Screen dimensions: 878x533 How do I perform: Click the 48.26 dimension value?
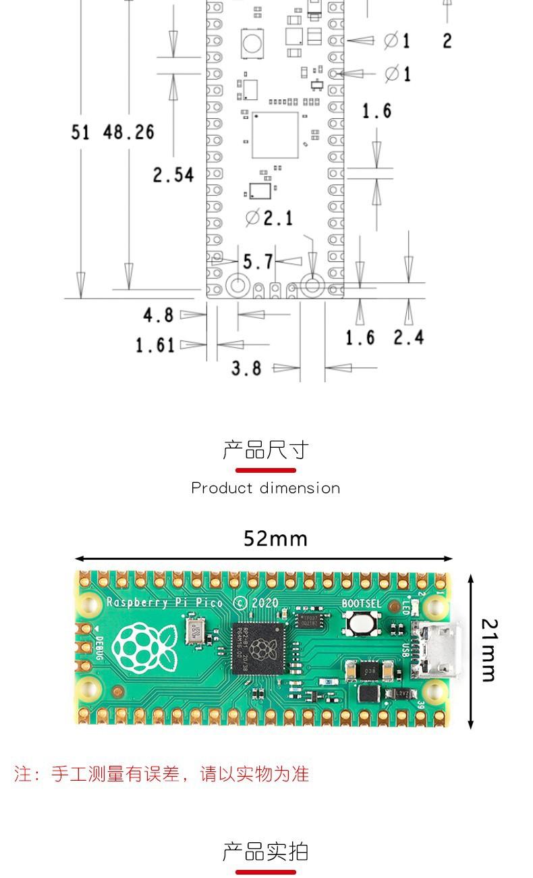[128, 132]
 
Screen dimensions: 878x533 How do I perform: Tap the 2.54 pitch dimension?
[173, 175]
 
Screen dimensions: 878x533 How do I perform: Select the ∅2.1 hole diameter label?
[269, 217]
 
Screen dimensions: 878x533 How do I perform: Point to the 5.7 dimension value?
[258, 261]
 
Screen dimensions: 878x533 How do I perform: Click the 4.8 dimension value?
[158, 315]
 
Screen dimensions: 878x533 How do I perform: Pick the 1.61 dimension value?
[155, 345]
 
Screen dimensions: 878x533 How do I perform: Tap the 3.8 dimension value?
[246, 368]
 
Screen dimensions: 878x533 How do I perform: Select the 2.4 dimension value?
[409, 336]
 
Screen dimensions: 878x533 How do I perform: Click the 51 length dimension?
[80, 132]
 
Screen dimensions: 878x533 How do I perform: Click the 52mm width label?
[275, 538]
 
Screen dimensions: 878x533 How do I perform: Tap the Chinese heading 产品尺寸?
[266, 450]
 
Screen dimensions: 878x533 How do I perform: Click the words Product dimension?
[266, 488]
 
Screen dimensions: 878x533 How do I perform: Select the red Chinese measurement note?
[162, 774]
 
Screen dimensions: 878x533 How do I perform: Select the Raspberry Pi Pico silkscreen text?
[165, 602]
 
